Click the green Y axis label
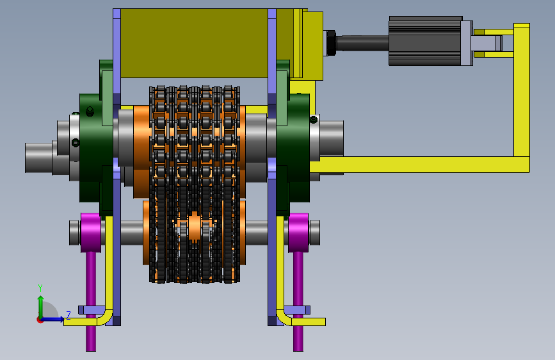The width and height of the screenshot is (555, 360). (40, 288)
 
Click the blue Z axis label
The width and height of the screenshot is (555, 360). (68, 315)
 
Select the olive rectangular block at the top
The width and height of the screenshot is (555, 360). (194, 43)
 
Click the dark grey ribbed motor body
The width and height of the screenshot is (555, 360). (425, 41)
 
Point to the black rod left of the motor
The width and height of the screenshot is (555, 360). (362, 43)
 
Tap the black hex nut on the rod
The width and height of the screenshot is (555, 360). (330, 43)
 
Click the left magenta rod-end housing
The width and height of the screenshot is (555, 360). (91, 233)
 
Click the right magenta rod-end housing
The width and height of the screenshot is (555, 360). (298, 233)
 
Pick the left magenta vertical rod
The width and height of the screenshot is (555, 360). (91, 301)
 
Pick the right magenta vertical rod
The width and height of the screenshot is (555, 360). (298, 301)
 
